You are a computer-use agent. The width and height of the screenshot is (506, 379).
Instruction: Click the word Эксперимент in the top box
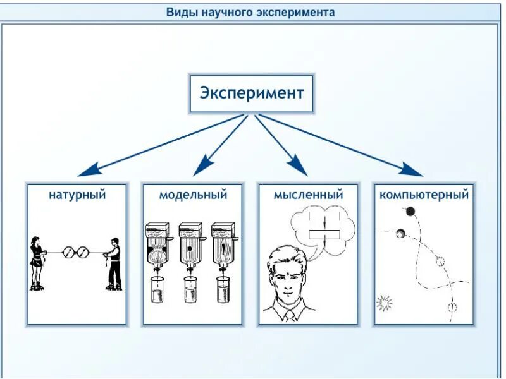click(252, 93)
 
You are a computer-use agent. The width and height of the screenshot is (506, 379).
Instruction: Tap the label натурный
click(77, 195)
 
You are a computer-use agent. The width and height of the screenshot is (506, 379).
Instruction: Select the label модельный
click(193, 195)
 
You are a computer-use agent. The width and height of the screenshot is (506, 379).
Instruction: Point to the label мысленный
click(308, 195)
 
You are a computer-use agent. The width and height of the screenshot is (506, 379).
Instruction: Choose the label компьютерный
click(424, 195)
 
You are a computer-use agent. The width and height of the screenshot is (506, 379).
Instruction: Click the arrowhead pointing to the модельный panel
click(201, 167)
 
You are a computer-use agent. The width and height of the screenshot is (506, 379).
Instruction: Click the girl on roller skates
click(36, 262)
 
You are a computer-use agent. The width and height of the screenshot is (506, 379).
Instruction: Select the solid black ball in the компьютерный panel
click(410, 211)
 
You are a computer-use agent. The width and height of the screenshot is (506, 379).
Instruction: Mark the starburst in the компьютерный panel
click(384, 303)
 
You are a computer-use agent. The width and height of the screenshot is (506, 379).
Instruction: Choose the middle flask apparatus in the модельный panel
click(190, 246)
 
